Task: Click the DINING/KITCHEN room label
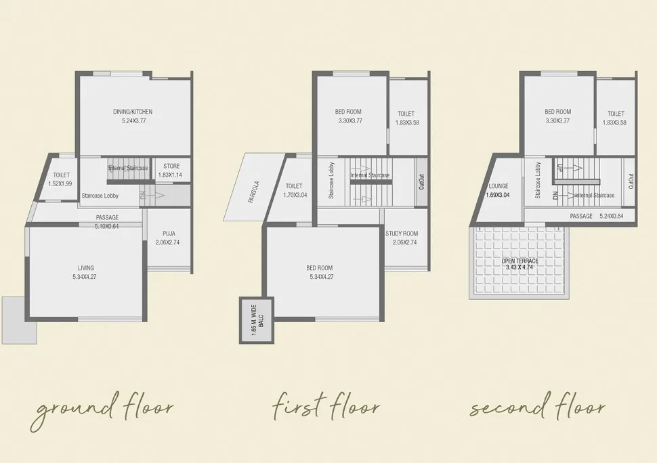pyautogui.click(x=133, y=112)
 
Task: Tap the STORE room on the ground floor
pyautogui.click(x=171, y=171)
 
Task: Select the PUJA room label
pyautogui.click(x=169, y=234)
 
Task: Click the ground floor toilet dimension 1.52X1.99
pyautogui.click(x=60, y=183)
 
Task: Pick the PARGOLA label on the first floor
pyautogui.click(x=254, y=192)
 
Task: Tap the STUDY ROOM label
pyautogui.click(x=402, y=234)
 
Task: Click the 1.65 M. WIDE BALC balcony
pyautogui.click(x=257, y=320)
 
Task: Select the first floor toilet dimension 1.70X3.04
pyautogui.click(x=295, y=195)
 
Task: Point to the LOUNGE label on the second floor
pyautogui.click(x=499, y=186)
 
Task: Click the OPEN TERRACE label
pyautogui.click(x=520, y=261)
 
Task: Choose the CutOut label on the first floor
pyautogui.click(x=421, y=182)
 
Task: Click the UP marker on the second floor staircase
pyautogui.click(x=559, y=168)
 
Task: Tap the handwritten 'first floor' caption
pyautogui.click(x=326, y=405)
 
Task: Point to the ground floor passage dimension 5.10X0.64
pyautogui.click(x=106, y=227)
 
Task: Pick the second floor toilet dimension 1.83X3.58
pyautogui.click(x=615, y=123)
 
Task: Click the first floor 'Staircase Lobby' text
pyautogui.click(x=331, y=181)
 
